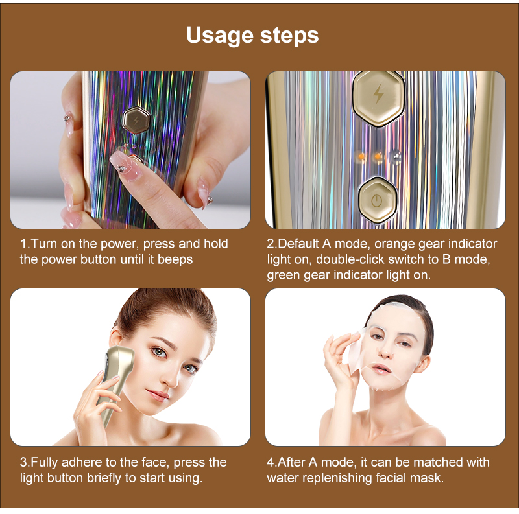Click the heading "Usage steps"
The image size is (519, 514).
point(252,36)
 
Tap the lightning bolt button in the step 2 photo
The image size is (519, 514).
point(378,99)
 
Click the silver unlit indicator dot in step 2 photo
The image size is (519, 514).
point(394,156)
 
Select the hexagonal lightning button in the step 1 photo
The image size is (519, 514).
point(136,120)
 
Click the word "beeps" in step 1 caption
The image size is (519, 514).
point(175,259)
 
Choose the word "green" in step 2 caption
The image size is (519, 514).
point(283,275)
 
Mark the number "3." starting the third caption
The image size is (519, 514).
point(25,463)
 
